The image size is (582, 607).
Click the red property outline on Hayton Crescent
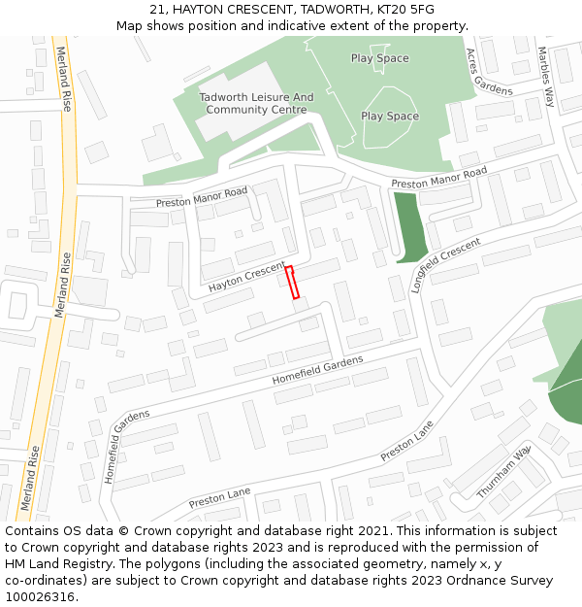click(x=291, y=282)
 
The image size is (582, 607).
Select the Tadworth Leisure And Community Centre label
click(x=257, y=103)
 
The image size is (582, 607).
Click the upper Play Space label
click(x=380, y=58)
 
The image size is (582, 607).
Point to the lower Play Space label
click(x=390, y=117)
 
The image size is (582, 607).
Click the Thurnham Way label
click(x=503, y=473)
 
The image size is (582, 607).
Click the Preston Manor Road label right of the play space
click(x=438, y=179)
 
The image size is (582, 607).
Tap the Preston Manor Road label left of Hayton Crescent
click(x=202, y=196)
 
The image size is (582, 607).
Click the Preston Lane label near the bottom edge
click(x=219, y=497)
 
